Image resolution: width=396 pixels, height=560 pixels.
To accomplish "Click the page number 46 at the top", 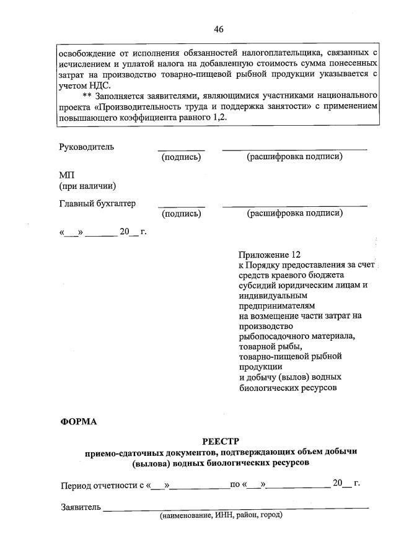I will (218, 29).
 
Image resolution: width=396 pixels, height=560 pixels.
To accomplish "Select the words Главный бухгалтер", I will (97, 203).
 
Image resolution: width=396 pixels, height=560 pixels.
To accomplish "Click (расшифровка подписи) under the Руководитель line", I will (294, 157).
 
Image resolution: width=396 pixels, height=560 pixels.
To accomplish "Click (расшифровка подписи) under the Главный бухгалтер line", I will (294, 214).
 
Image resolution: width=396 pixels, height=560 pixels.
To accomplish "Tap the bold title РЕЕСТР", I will (220, 441).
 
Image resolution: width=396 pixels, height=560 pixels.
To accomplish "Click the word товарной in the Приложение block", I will (256, 346).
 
